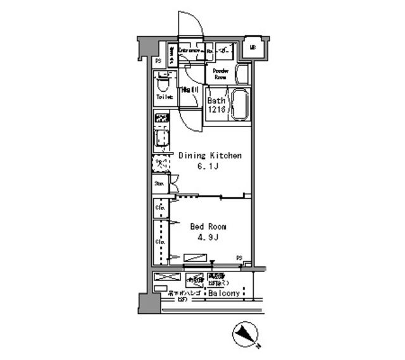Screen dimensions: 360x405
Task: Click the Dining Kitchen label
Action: (210, 155)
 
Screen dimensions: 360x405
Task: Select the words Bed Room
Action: (208, 227)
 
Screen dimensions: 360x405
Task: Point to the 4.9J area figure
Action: (208, 239)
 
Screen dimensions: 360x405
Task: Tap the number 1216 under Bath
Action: (217, 110)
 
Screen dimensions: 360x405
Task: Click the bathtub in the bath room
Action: (239, 104)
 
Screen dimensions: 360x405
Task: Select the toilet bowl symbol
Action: (163, 84)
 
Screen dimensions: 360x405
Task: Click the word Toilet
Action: (165, 97)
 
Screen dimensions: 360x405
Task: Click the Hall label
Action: (189, 90)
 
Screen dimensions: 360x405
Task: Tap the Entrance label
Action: (189, 49)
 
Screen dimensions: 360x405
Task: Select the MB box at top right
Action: (252, 47)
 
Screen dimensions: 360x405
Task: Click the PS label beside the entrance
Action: (158, 61)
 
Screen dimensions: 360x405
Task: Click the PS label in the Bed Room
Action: (240, 257)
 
